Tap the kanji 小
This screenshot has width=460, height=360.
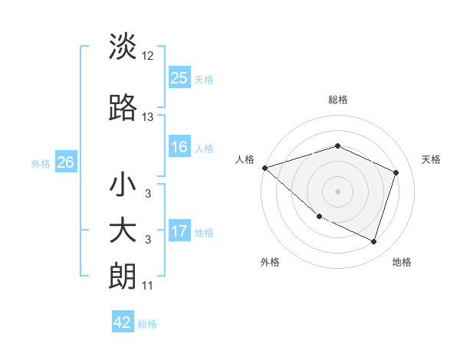point(123,185)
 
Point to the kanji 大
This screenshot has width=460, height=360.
point(123,231)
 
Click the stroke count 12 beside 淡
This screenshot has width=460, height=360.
point(148,56)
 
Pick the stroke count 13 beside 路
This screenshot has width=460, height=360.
point(148,117)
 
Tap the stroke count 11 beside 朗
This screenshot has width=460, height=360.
point(148,286)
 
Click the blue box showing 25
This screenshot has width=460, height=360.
point(179,78)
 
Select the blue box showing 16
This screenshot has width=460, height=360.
point(179,148)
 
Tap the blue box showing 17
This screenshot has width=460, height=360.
point(179,231)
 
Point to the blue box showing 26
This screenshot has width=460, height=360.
point(65,163)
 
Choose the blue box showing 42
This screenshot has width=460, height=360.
point(123,322)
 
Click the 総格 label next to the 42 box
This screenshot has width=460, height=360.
point(147,324)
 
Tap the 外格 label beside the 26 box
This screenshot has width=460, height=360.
point(41,164)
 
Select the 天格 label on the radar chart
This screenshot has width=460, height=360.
point(431,159)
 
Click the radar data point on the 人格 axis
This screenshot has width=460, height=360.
point(264,168)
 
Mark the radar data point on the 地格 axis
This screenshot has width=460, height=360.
point(373,241)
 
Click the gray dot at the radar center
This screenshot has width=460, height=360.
point(337,191)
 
